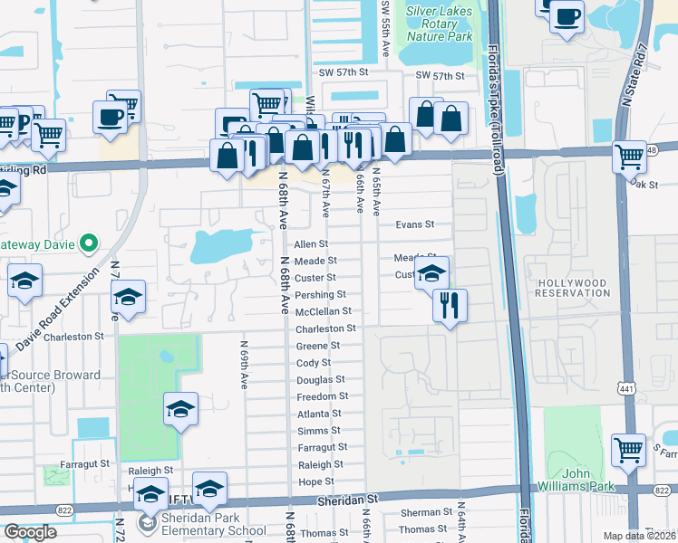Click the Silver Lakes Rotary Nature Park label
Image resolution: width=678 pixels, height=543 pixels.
[x=440, y=24]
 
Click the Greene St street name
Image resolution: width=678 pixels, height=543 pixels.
[x=318, y=346]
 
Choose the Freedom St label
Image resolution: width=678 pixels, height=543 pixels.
[x=323, y=396]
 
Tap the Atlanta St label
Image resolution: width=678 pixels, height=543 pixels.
[x=320, y=414]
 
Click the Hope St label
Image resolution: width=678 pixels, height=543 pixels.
[x=316, y=481]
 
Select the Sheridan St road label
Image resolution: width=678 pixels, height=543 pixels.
[x=347, y=499]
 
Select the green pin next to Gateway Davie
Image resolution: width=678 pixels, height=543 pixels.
[x=89, y=243]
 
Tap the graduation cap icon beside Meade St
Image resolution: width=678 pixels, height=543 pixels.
[x=432, y=273]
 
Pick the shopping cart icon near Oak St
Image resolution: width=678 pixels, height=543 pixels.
[x=629, y=156]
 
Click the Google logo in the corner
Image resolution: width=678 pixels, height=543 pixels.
[x=30, y=532]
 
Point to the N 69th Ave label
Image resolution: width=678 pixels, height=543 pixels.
[x=244, y=365]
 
